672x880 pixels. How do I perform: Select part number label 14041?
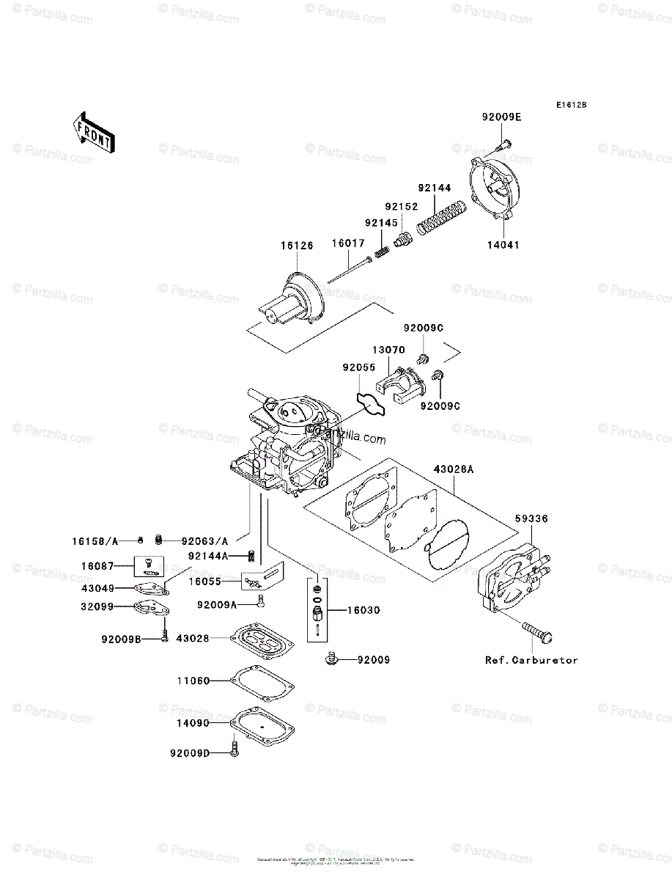[503, 245]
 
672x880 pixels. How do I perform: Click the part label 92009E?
[502, 117]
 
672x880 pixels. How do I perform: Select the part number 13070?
[388, 351]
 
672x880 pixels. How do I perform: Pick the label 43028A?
[452, 468]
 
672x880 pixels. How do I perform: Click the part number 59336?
[531, 518]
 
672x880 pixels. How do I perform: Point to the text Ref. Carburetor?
[531, 660]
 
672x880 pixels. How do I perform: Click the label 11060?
[192, 681]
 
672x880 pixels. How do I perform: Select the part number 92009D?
[189, 752]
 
